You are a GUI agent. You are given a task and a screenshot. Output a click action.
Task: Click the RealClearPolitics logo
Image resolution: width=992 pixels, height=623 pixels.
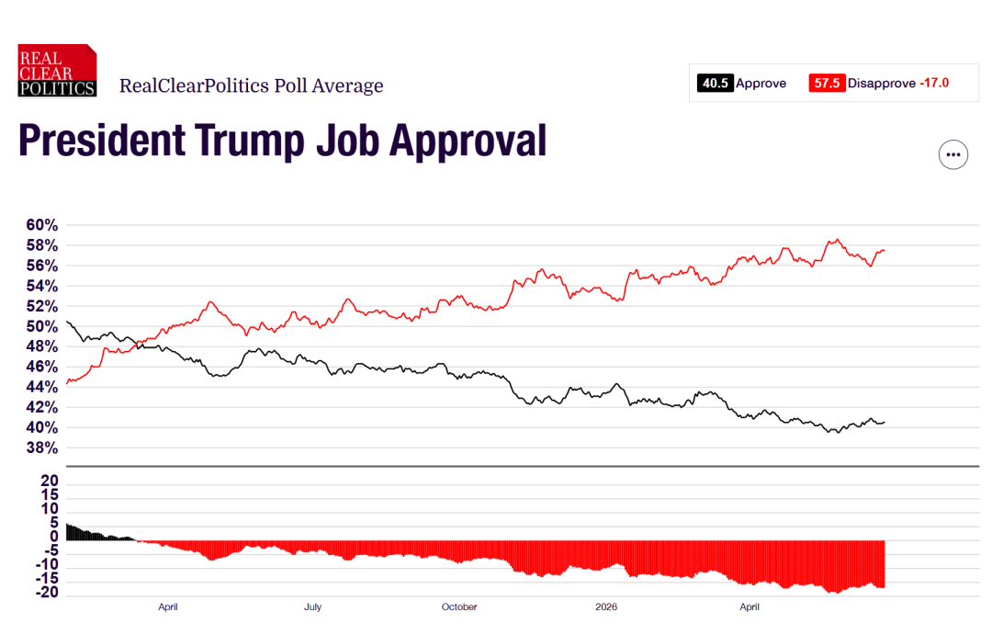[x=57, y=70]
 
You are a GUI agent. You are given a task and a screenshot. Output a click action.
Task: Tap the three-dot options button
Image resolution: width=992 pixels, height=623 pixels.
[x=953, y=154]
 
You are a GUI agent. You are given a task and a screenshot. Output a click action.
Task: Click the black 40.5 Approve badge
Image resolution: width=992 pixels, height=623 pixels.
[x=716, y=83]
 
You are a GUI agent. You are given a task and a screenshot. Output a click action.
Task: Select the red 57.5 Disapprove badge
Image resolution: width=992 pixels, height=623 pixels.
[x=827, y=83]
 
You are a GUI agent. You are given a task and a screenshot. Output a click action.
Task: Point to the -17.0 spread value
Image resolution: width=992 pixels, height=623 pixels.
[x=934, y=83]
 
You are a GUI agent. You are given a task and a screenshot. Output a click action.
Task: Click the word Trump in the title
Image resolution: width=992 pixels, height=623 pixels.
[x=251, y=141]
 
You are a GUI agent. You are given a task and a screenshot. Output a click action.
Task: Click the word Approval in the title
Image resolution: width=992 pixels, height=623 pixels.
[x=468, y=141]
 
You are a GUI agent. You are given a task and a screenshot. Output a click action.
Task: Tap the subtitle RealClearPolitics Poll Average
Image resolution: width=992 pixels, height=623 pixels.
[x=251, y=85]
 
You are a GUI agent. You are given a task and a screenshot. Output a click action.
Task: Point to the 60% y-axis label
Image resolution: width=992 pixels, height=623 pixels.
[x=41, y=225]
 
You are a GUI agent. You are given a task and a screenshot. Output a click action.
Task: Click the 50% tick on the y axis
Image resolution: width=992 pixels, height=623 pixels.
[x=41, y=326]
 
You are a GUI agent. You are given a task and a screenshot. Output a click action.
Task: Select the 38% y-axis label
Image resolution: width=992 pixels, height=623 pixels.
[x=41, y=447]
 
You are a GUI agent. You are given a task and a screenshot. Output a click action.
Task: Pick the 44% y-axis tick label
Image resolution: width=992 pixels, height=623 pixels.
[x=41, y=387]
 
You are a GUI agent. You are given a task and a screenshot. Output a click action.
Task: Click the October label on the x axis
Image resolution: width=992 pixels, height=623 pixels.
[x=459, y=606]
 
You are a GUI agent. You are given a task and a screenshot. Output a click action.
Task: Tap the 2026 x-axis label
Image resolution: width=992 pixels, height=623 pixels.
[x=606, y=606]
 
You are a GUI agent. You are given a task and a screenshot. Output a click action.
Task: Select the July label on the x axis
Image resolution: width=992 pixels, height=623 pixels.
[x=312, y=606]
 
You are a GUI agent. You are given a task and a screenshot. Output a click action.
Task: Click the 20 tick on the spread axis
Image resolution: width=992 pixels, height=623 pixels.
[x=50, y=481]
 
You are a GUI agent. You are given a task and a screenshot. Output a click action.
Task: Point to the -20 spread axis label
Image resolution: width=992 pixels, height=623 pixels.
[x=47, y=593]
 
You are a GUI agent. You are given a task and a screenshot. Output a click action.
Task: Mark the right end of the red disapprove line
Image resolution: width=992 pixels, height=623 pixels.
[x=885, y=250]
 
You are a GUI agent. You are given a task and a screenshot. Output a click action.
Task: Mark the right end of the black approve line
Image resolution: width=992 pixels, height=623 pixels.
[x=885, y=423]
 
